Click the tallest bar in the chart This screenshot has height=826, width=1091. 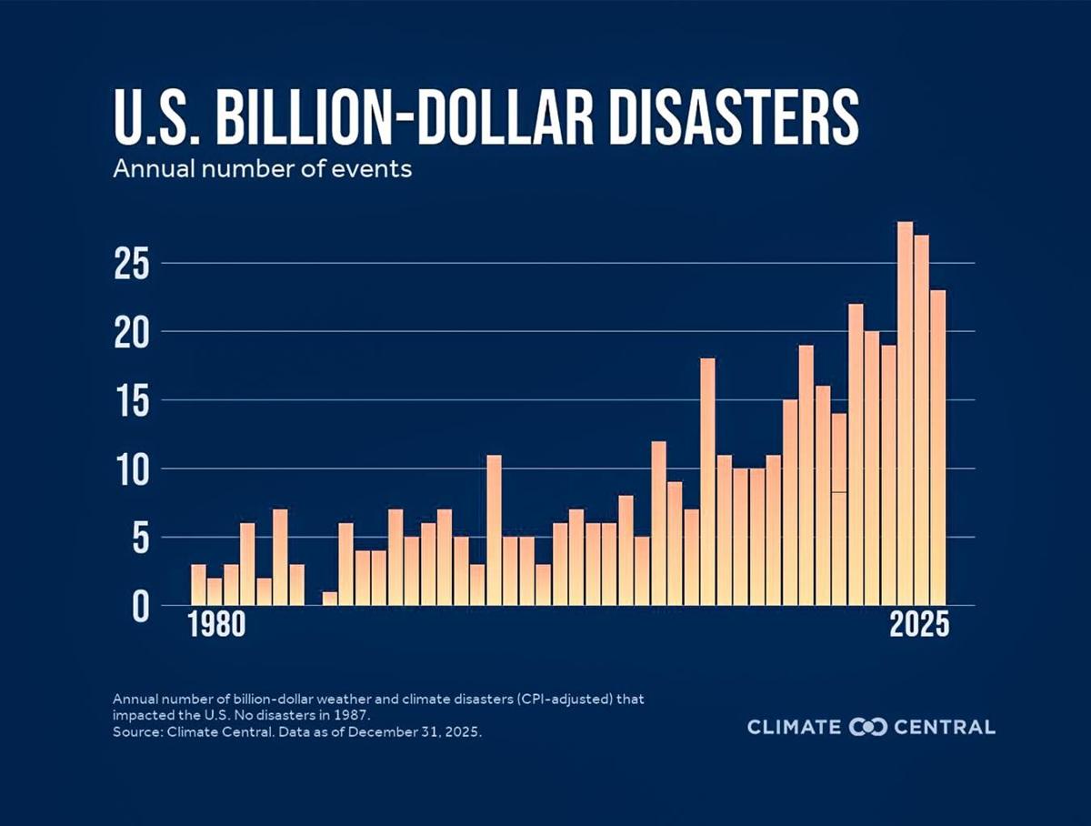pos(905,414)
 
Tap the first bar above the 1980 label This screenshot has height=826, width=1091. pos(198,585)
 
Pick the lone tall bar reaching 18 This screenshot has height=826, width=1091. pos(707,482)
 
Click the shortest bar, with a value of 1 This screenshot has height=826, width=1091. pos(330,599)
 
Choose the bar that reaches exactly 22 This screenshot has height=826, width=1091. pos(856,455)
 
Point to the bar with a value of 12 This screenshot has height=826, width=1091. pos(658,523)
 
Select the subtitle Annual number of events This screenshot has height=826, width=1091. pos(263,169)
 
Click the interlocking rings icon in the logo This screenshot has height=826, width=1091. pos(867,727)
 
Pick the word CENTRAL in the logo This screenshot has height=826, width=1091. pos(945,727)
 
